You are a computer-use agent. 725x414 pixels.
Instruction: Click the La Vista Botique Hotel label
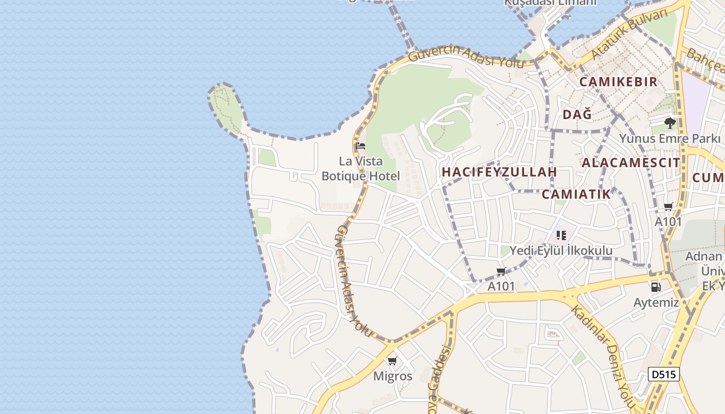361,169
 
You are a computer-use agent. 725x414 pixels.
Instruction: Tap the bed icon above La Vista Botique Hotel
360,146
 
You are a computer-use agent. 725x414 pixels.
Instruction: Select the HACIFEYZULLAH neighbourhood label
499,172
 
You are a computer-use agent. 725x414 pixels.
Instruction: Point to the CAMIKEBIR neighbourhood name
618,82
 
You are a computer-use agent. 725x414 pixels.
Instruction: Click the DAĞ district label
577,114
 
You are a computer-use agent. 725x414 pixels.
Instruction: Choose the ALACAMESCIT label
631,162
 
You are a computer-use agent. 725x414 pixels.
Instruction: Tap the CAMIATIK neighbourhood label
576,194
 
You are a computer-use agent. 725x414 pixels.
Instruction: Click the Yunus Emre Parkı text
670,139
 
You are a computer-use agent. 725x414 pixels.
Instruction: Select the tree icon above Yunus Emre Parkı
670,123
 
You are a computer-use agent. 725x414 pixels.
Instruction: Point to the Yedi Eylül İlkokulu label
561,250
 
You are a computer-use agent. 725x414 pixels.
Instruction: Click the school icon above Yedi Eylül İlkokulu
561,236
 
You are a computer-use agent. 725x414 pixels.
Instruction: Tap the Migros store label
393,376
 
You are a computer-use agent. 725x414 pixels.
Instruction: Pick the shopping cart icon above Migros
393,361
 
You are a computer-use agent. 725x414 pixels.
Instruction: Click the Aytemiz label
656,302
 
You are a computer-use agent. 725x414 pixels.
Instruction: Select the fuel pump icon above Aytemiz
656,287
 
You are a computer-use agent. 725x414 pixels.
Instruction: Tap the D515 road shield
663,374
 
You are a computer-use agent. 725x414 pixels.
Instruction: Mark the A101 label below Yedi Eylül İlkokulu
501,286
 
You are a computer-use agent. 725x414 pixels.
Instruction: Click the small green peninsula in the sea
226,108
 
